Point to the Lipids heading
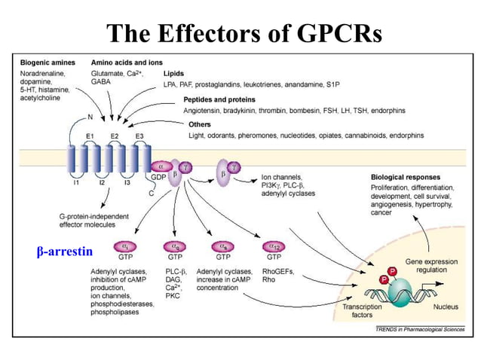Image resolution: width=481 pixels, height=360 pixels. point(174,74)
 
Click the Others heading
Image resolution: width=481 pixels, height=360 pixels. point(201,124)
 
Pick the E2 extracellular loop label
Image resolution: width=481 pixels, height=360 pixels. point(115,135)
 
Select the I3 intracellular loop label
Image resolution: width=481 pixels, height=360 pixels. point(127,183)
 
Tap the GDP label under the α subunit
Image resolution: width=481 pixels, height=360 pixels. point(158,178)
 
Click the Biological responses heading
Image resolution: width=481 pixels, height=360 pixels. point(406,177)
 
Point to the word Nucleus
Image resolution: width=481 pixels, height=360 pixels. point(445,307)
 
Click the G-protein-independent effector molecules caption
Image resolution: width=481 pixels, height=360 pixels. point(93,221)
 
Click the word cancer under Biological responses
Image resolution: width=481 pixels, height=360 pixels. point(381,213)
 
